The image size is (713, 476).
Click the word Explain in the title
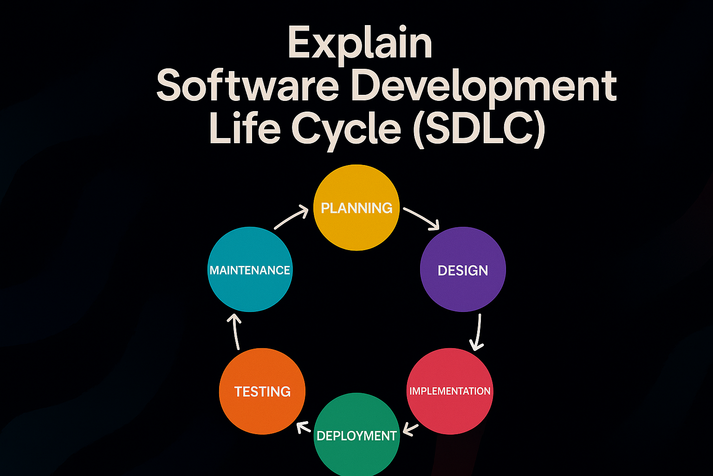pos(360,45)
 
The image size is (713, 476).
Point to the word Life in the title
pos(245,127)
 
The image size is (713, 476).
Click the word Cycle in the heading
pos(346,131)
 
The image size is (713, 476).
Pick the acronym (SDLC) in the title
pos(479,129)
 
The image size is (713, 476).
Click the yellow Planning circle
pos(356,207)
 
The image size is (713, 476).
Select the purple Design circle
pos(463,270)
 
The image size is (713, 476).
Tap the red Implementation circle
pos(450,391)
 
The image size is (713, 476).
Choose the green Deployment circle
pos(356,435)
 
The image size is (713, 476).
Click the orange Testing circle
pos(262,391)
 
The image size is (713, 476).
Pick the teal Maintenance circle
pos(250,270)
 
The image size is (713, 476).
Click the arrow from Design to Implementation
pos(478,332)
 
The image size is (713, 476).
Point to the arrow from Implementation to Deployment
pos(411,430)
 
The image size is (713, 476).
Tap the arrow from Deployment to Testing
pos(304,427)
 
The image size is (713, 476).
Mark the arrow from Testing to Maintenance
pos(235,331)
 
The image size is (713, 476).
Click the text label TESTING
pos(262,391)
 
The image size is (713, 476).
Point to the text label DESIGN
pos(463,271)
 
